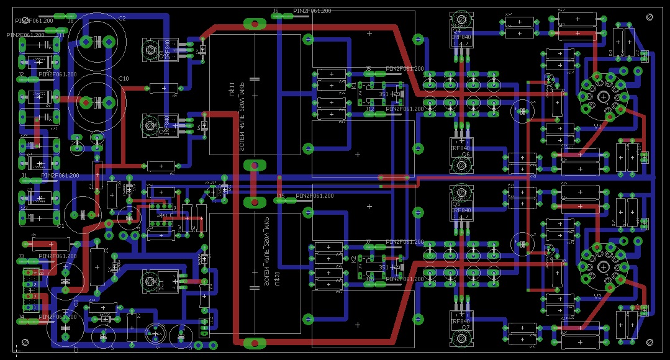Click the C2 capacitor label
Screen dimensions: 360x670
pos(122,19)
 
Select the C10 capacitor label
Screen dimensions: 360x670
pos(124,79)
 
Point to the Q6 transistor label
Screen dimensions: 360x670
pos(456,153)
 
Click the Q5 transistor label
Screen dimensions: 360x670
pos(456,203)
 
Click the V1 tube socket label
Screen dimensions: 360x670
pos(597,126)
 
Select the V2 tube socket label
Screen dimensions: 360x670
pos(597,297)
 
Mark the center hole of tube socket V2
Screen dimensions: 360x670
pos(604,266)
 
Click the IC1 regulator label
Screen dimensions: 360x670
pos(160,282)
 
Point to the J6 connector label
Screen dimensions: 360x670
pos(276,12)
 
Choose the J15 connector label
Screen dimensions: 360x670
pos(280,196)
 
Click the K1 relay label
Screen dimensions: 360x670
pos(354,88)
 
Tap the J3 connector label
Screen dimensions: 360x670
pos(21,256)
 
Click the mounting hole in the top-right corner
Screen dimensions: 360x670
pos(650,17)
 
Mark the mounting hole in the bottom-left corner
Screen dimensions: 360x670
pos(25,343)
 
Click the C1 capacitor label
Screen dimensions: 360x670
pos(61,226)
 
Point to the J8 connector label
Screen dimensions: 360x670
pos(70,21)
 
